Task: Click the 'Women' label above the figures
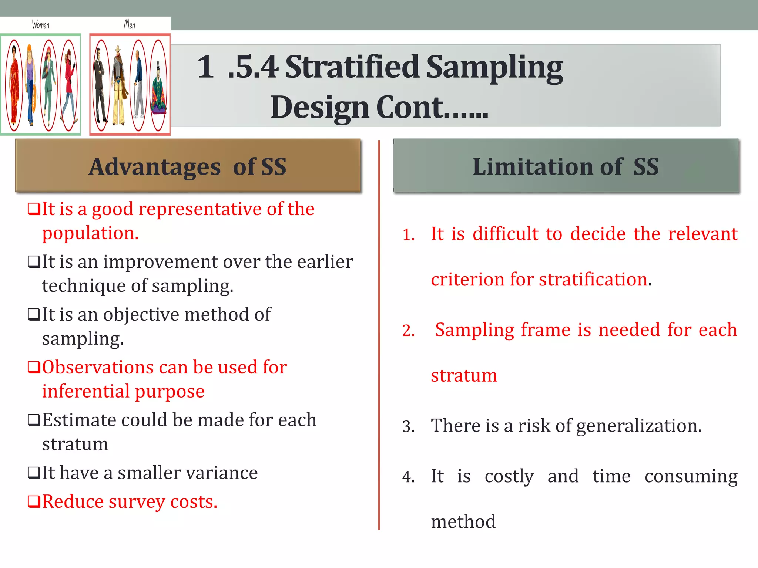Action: [x=40, y=25]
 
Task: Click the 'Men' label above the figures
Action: [x=129, y=24]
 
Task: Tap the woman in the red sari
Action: [x=14, y=85]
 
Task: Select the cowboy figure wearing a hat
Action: [x=118, y=85]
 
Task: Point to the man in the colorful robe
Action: [x=159, y=89]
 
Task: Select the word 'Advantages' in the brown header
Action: [x=155, y=167]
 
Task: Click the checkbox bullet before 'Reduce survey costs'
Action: [x=34, y=502]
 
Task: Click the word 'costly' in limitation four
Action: [x=509, y=476]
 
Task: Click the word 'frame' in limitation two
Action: [x=546, y=330]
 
